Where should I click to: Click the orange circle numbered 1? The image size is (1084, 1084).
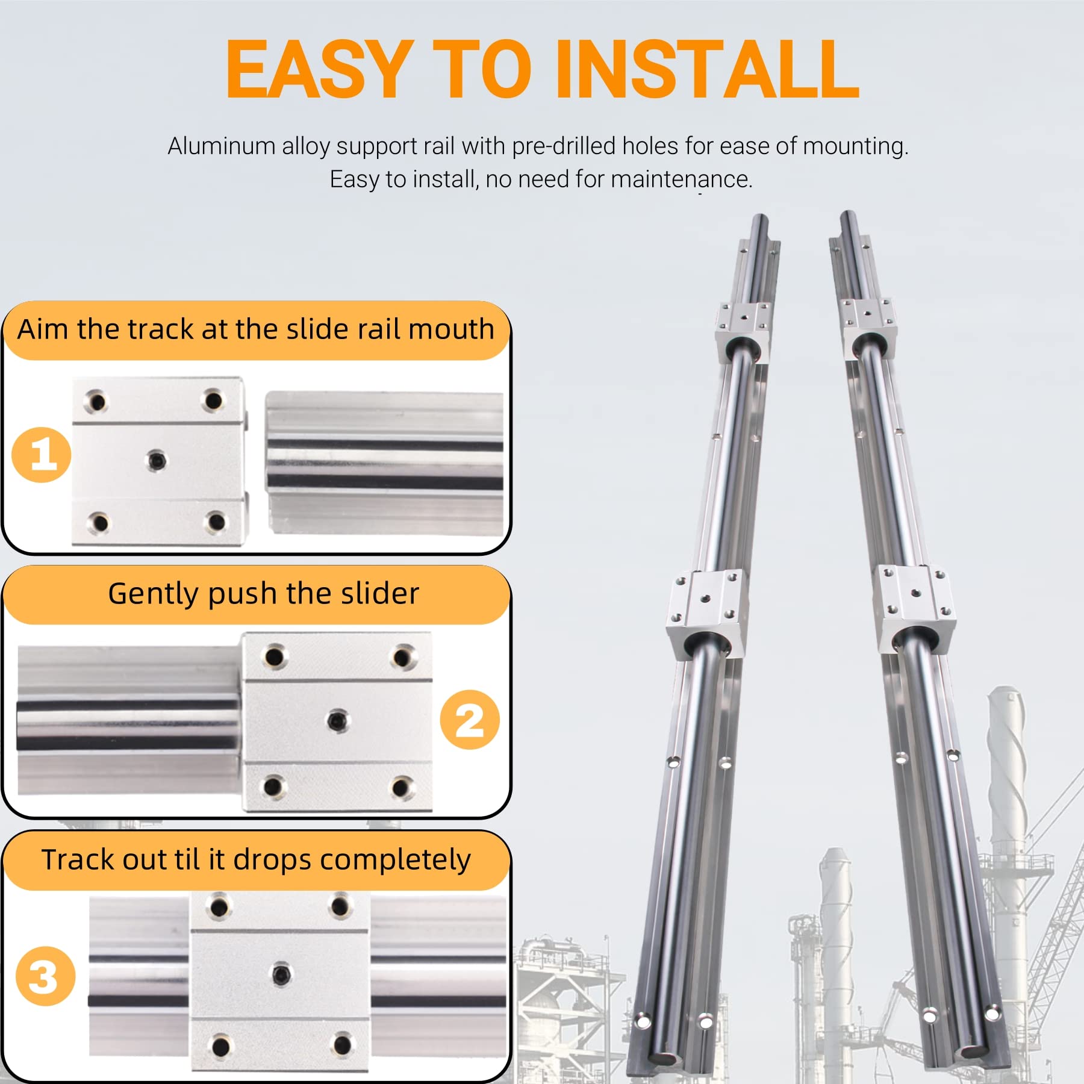(42, 455)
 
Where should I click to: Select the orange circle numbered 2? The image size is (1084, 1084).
(470, 720)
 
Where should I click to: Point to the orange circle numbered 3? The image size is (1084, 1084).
(45, 976)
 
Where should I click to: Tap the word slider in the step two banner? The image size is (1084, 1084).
(379, 594)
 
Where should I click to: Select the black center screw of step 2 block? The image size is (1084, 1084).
(336, 720)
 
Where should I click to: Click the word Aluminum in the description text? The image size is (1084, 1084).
(221, 146)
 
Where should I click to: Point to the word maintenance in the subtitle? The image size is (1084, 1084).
(681, 179)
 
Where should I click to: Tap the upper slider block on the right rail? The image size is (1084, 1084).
(869, 328)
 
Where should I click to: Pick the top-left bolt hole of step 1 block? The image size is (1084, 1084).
(96, 401)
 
